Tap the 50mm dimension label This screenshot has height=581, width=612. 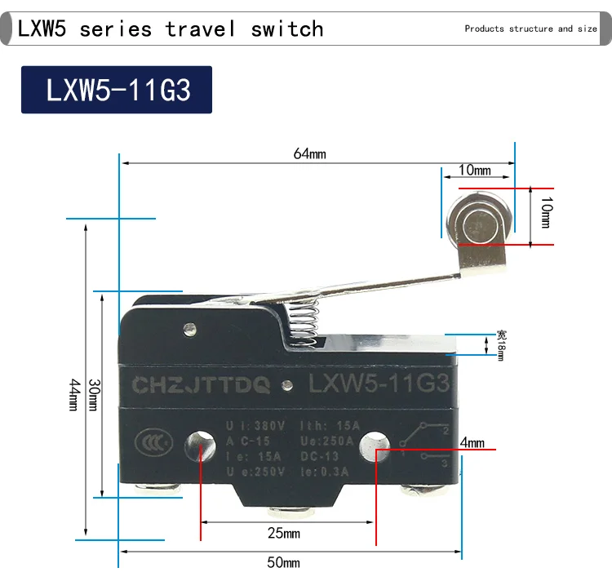(285, 562)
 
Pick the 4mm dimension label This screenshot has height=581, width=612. (472, 443)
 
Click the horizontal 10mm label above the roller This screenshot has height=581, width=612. (475, 171)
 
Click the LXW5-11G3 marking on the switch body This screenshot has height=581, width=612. (377, 384)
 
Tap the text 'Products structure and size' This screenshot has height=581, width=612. (530, 29)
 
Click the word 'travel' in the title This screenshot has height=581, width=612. (200, 29)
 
